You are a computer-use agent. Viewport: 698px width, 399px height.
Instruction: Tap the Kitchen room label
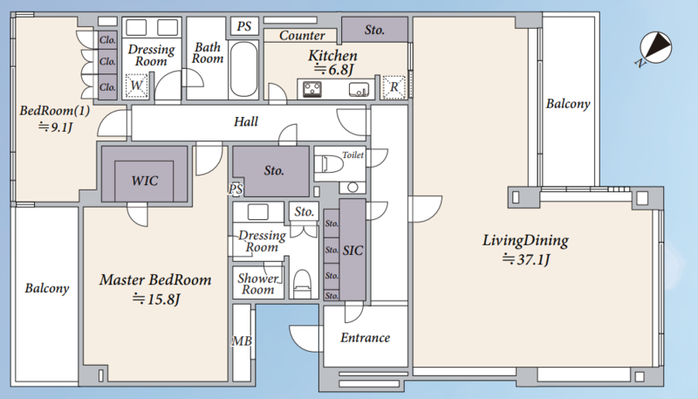[332, 56]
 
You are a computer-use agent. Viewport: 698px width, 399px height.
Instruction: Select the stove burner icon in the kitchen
[312, 88]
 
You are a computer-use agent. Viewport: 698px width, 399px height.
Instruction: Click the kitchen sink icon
[359, 90]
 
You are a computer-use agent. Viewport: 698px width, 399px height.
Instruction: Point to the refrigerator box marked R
[394, 86]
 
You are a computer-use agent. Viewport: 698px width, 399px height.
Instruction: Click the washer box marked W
[136, 86]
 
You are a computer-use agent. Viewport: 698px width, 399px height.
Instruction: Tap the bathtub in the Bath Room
[243, 69]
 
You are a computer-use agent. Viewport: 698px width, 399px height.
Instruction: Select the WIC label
[145, 181]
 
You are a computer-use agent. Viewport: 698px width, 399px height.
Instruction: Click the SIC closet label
[352, 251]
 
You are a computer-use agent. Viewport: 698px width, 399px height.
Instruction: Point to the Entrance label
[365, 338]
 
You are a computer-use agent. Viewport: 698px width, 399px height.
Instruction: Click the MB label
[242, 341]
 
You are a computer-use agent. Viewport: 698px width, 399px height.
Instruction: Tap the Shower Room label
[258, 284]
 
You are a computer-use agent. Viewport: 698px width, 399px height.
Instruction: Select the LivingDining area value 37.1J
[526, 259]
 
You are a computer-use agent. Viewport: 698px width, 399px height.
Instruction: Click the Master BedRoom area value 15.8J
[156, 299]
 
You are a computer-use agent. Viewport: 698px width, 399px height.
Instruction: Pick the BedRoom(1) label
[55, 110]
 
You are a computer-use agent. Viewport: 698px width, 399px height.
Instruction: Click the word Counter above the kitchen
[302, 36]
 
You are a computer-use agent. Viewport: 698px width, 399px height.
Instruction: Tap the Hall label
[246, 121]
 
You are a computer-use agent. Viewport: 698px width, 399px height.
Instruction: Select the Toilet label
[353, 155]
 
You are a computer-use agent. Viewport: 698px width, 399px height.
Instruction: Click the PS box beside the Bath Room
[244, 26]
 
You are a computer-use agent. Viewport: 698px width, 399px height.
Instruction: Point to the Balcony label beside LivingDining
[568, 104]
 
